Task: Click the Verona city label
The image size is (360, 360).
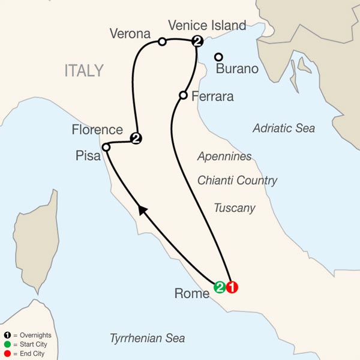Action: pyautogui.click(x=130, y=34)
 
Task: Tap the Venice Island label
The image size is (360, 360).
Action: pyautogui.click(x=207, y=25)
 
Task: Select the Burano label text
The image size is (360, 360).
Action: pyautogui.click(x=237, y=68)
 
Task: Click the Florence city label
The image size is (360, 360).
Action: pyautogui.click(x=97, y=130)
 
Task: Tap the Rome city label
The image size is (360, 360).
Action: pyautogui.click(x=191, y=294)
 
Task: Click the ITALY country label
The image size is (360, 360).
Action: pyautogui.click(x=84, y=71)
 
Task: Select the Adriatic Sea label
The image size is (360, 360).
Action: pyautogui.click(x=284, y=128)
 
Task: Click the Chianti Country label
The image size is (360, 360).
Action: pyautogui.click(x=238, y=181)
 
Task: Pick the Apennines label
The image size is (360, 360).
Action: pyautogui.click(x=224, y=157)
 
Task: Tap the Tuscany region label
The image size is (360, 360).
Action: pyautogui.click(x=235, y=208)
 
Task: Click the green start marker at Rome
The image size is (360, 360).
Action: pyautogui.click(x=220, y=287)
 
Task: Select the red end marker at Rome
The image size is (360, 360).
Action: pyautogui.click(x=232, y=287)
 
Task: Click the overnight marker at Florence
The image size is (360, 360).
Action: pyautogui.click(x=136, y=139)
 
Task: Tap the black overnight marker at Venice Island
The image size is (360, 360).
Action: pyautogui.click(x=197, y=41)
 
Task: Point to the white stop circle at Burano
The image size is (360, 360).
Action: pyautogui.click(x=219, y=57)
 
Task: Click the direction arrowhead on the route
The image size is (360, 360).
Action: pyautogui.click(x=142, y=209)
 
